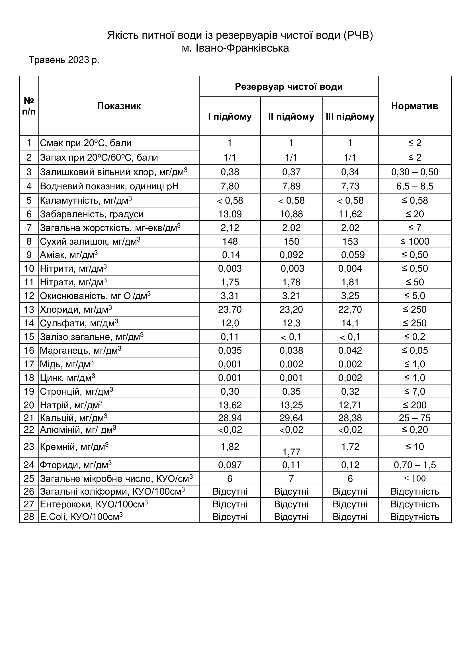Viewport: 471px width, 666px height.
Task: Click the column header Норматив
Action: coord(414,106)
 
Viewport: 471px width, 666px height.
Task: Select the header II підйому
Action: coord(291,117)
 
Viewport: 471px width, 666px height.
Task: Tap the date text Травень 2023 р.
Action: coord(64,60)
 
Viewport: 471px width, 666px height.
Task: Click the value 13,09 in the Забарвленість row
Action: coord(230,214)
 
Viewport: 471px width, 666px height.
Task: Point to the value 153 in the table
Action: coord(350,241)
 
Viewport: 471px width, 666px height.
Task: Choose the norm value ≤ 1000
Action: coord(414,241)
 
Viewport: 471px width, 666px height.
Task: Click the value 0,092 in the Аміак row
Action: coord(291,255)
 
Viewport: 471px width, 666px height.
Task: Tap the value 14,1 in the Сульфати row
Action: coord(350,323)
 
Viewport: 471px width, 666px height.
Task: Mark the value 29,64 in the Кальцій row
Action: coord(291,418)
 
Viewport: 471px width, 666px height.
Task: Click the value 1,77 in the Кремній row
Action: coord(291,452)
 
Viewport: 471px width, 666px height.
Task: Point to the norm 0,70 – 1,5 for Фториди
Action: coord(414,465)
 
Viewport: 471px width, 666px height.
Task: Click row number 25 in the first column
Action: coord(29,479)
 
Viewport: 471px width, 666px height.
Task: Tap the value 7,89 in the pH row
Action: coord(291,186)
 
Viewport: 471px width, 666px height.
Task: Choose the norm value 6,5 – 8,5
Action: coord(414,186)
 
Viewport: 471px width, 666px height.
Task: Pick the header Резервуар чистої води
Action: coord(288,87)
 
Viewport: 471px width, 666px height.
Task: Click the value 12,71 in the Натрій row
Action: coord(350,405)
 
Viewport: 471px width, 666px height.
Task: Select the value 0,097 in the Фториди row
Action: coord(230,465)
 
